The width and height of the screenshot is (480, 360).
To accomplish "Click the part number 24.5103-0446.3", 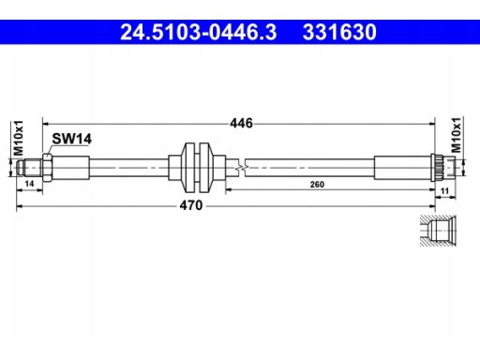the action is pos(199,32).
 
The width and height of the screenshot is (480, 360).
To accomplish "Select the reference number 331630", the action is pos(339,32).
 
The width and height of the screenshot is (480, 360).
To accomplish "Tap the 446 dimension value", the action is pos(241,123).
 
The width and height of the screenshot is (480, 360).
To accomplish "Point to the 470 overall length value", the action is pos(191,205).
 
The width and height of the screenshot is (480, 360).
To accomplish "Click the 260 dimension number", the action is pos(317,185).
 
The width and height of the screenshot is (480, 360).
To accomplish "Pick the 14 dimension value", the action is pos(29,184).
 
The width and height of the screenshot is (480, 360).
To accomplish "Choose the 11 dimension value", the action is pos(444,190).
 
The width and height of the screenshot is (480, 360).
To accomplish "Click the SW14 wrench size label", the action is pos(71,139).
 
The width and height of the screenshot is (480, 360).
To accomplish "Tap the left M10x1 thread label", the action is pos(19,138).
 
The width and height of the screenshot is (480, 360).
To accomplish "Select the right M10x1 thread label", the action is pos(457,135).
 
